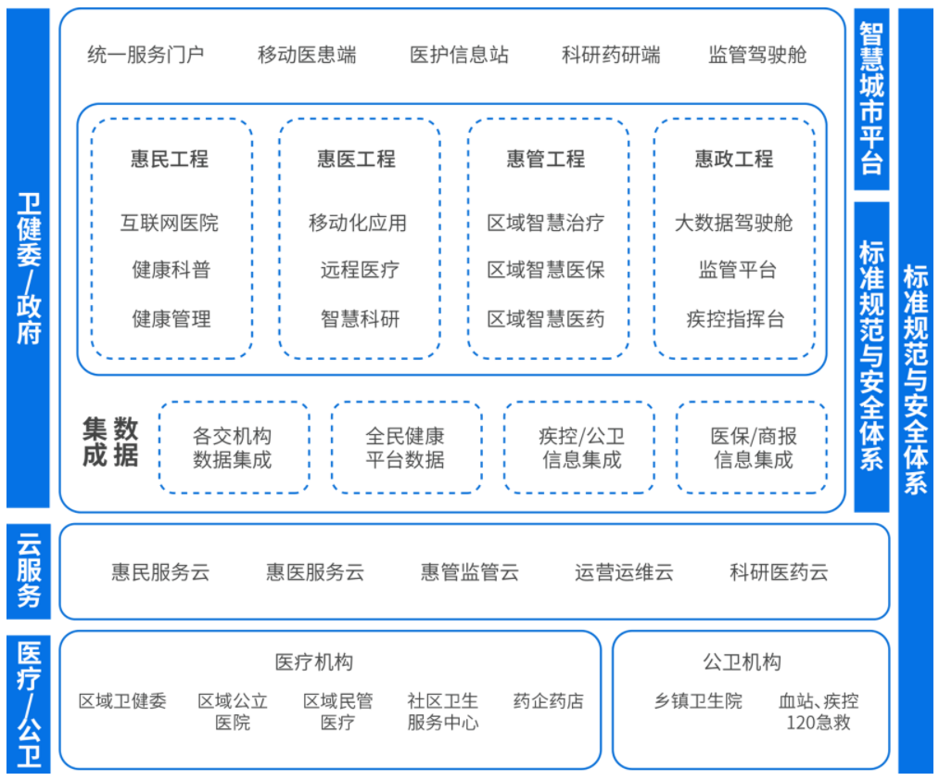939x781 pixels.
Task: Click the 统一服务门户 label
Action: [x=146, y=55]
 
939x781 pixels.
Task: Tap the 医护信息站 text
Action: [x=459, y=55]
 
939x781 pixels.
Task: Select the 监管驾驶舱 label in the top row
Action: [x=757, y=55]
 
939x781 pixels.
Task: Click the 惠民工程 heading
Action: [x=170, y=159]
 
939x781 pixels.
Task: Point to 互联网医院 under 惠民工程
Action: [x=170, y=223]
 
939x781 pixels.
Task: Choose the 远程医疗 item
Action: [x=360, y=270]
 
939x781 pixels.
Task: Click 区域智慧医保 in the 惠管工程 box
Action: [x=546, y=270]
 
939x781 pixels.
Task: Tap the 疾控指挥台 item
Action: [x=735, y=319]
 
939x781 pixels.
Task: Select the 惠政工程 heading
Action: [x=734, y=159]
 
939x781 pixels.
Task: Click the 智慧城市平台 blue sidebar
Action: [x=871, y=99]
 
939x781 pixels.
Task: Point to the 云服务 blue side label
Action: [x=28, y=570]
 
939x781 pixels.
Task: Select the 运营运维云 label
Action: [x=624, y=572]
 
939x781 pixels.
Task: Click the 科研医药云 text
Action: [x=779, y=572]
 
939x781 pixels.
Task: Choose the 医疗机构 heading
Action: [x=314, y=662]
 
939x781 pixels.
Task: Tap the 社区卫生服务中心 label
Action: [x=442, y=711]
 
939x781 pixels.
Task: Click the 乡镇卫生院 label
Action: [x=698, y=700]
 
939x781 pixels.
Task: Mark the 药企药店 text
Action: [x=548, y=700]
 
